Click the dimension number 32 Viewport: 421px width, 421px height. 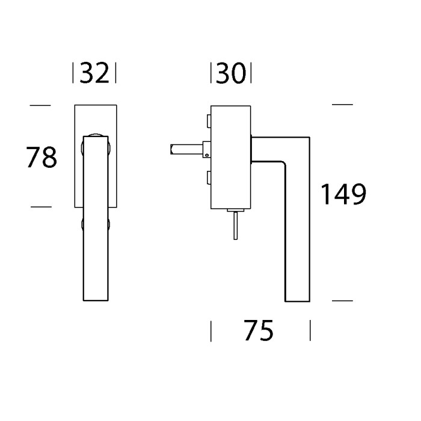[94, 73]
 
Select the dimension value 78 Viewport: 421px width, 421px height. [41, 158]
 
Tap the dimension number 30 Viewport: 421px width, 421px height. [230, 73]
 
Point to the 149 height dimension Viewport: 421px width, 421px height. [342, 195]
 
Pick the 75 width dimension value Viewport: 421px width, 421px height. [259, 330]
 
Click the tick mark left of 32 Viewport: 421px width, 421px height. [73, 73]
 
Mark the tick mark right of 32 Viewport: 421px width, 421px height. [115, 73]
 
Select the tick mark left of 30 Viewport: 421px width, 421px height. [210, 73]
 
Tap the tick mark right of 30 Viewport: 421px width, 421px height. [250, 73]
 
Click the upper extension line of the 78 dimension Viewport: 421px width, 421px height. [40, 105]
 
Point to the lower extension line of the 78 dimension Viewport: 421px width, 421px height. [40, 206]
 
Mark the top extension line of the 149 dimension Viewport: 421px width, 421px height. [342, 105]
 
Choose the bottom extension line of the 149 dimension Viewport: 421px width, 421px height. [342, 300]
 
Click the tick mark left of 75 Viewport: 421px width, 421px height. [210, 330]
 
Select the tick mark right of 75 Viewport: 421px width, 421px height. [310, 330]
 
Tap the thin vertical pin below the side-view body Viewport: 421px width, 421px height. [236, 225]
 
